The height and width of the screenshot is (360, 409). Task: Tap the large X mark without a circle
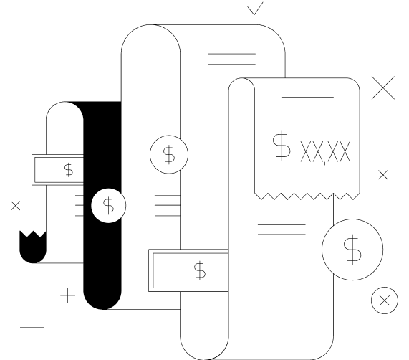pyautogui.click(x=383, y=87)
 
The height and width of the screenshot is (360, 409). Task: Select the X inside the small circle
pyautogui.click(x=385, y=300)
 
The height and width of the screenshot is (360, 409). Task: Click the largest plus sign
pyautogui.click(x=32, y=327)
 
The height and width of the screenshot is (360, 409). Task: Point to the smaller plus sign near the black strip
pyautogui.click(x=68, y=295)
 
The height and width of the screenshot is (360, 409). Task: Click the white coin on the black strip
pyautogui.click(x=108, y=206)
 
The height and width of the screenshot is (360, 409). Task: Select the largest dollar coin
pyautogui.click(x=352, y=250)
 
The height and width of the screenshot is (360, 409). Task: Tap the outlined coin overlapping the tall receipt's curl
pyautogui.click(x=169, y=155)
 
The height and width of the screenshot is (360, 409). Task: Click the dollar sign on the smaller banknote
pyautogui.click(x=69, y=170)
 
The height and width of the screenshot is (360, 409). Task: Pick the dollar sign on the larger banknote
pyautogui.click(x=200, y=270)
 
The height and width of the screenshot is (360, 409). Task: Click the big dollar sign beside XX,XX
pyautogui.click(x=282, y=145)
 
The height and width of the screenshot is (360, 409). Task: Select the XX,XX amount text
pyautogui.click(x=325, y=152)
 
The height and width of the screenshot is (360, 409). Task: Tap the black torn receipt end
pyautogui.click(x=33, y=247)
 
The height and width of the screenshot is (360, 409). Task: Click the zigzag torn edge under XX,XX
pyautogui.click(x=307, y=196)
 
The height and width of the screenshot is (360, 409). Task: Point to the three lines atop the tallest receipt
pyautogui.click(x=231, y=54)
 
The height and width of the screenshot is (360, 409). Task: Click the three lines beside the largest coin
pyautogui.click(x=282, y=235)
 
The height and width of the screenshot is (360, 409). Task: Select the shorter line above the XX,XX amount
pyautogui.click(x=307, y=97)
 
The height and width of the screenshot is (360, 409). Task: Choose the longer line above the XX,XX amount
pyautogui.click(x=309, y=108)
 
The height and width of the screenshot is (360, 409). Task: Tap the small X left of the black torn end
pyautogui.click(x=16, y=206)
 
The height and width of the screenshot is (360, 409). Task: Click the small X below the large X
pyautogui.click(x=383, y=175)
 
